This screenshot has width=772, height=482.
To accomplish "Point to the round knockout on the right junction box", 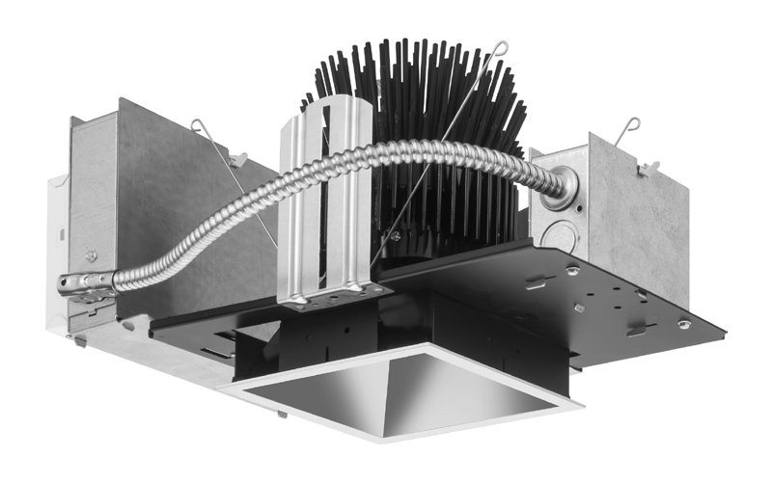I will click(x=555, y=234).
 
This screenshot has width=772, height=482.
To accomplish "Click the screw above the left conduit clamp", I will click(x=92, y=255).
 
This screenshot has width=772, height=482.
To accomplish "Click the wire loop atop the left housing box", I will click(x=200, y=124).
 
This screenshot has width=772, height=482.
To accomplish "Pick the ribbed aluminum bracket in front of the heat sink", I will click(x=325, y=202).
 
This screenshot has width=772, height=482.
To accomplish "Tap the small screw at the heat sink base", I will click(x=397, y=234).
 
